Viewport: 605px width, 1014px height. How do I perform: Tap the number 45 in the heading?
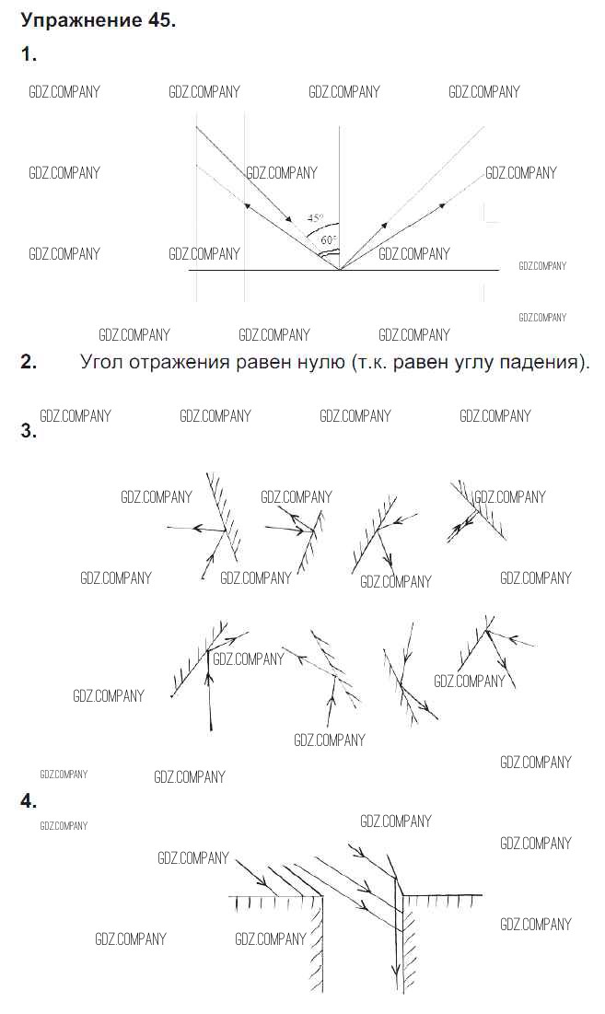tap(157, 21)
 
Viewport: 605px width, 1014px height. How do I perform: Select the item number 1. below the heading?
tap(29, 55)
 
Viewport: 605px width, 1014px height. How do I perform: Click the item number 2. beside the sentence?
tap(29, 362)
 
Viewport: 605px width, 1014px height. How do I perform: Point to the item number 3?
tap(29, 430)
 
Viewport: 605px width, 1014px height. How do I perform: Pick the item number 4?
tap(29, 802)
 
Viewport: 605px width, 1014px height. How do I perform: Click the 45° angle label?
tap(316, 218)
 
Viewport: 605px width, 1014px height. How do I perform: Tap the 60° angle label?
tap(329, 240)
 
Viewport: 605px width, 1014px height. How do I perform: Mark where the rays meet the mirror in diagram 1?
tap(340, 270)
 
